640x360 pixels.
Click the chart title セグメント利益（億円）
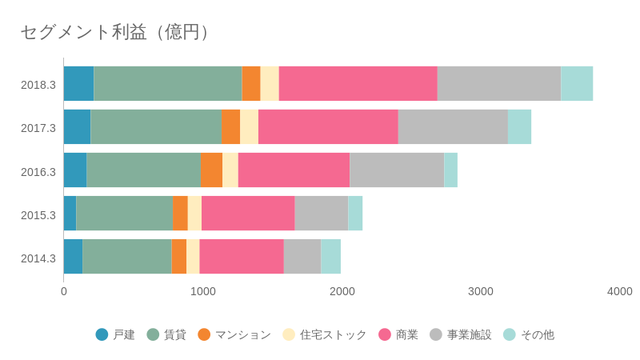point(117,32)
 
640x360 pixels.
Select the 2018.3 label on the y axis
point(38,84)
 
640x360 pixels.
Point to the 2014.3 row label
point(38,258)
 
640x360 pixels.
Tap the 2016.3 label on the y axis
point(38,171)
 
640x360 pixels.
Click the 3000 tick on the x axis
point(481,291)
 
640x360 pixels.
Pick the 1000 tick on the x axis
point(203,291)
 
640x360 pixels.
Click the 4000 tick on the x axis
point(619,291)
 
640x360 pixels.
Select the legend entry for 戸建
point(115,334)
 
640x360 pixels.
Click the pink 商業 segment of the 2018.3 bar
point(358,84)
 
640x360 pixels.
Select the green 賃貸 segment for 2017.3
point(156,127)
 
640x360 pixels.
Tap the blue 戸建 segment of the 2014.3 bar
point(73,256)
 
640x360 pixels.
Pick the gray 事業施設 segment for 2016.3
point(397,170)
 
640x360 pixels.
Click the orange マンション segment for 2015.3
point(180,214)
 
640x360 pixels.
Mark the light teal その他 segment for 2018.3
point(577,84)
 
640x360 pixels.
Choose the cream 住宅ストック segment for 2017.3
point(249,127)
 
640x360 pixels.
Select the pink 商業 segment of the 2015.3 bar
point(248,214)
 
